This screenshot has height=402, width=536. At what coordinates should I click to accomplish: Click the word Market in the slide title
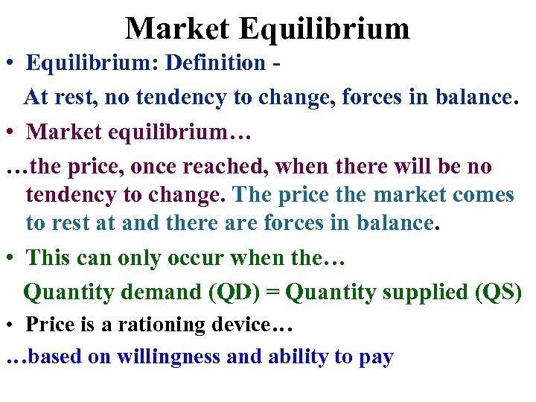177,29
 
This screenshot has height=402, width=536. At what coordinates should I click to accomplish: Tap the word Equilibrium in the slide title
324,29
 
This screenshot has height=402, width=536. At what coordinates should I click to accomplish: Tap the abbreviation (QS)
498,292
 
